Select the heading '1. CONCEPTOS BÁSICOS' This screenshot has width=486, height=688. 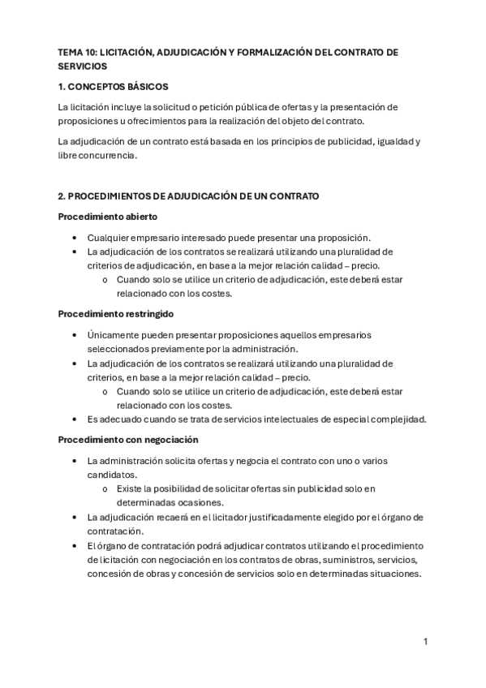[x=113, y=86]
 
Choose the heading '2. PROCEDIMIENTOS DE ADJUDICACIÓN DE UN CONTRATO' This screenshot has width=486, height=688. [x=188, y=196]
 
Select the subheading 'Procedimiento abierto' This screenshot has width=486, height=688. [x=108, y=217]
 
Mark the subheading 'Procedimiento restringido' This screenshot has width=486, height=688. [x=116, y=313]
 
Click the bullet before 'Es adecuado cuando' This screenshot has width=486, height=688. [x=74, y=419]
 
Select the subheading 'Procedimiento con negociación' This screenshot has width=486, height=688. [x=128, y=440]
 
